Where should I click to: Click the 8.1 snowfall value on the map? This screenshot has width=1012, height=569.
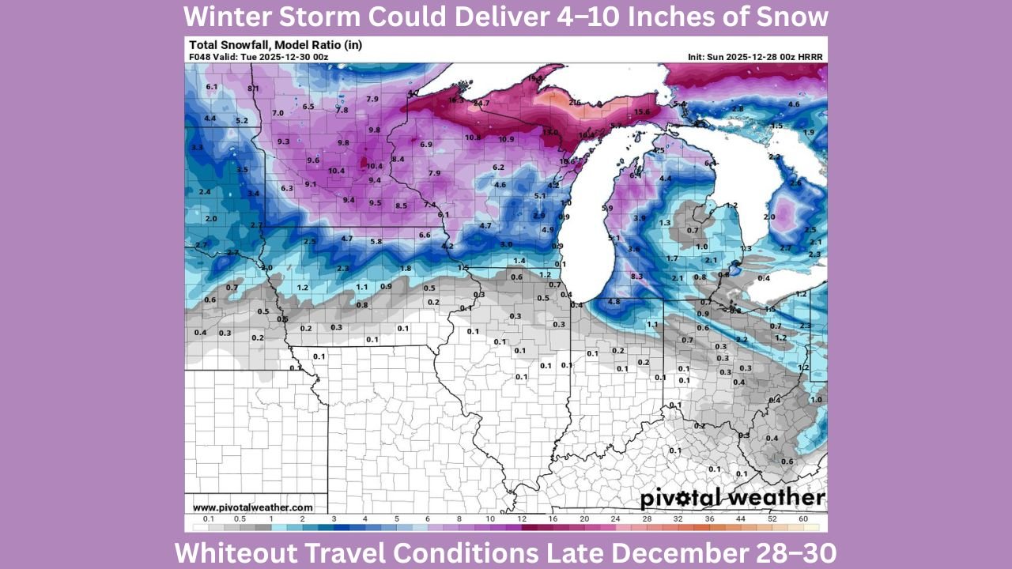click(x=253, y=89)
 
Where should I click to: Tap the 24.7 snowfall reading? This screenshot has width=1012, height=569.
click(x=481, y=104)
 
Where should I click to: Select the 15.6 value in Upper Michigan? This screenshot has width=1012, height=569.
click(x=642, y=112)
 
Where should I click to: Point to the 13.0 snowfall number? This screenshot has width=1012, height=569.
click(x=549, y=133)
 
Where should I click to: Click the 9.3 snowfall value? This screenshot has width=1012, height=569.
click(x=283, y=142)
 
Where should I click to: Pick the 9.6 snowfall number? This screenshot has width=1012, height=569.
click(x=313, y=160)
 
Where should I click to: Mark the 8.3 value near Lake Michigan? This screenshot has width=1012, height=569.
click(x=637, y=276)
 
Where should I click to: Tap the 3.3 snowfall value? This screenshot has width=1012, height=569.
click(x=197, y=148)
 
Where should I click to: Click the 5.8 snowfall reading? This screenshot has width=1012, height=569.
click(x=376, y=241)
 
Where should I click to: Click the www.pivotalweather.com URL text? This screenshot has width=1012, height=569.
click(x=253, y=507)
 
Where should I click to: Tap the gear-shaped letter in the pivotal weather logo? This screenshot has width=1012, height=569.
click(x=700, y=499)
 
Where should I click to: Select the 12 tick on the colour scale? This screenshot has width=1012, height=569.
click(x=522, y=518)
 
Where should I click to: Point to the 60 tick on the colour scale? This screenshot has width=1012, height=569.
click(x=802, y=518)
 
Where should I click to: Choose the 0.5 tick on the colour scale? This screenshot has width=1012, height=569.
click(x=240, y=518)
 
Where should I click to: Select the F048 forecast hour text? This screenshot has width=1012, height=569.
click(x=200, y=57)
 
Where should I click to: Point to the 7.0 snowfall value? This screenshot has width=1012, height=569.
click(x=278, y=113)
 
